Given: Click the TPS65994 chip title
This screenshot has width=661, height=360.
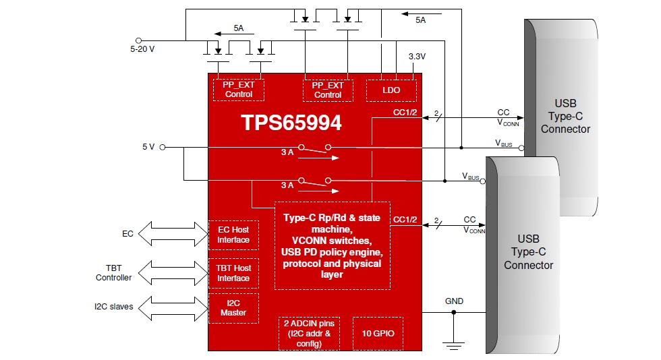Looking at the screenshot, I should click(x=291, y=123).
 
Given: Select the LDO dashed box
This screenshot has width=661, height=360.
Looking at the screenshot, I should click(x=391, y=90).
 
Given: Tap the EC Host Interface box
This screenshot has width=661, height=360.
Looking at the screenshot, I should click(x=233, y=235).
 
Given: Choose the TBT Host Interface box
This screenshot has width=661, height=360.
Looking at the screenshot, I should click(x=233, y=273).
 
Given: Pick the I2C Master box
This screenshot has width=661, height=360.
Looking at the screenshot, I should click(x=233, y=308).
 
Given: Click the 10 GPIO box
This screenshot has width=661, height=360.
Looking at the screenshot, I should click(x=378, y=333).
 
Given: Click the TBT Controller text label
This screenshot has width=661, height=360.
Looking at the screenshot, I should click(x=113, y=273).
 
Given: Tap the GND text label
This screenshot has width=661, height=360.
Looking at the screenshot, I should click(x=454, y=301).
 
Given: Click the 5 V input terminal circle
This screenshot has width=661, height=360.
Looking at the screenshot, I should click(x=163, y=147).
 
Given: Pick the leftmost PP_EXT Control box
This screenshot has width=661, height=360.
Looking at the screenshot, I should click(x=239, y=90).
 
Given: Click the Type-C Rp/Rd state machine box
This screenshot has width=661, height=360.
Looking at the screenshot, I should click(x=332, y=245).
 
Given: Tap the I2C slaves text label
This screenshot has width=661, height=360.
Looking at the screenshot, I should click(x=113, y=307).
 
